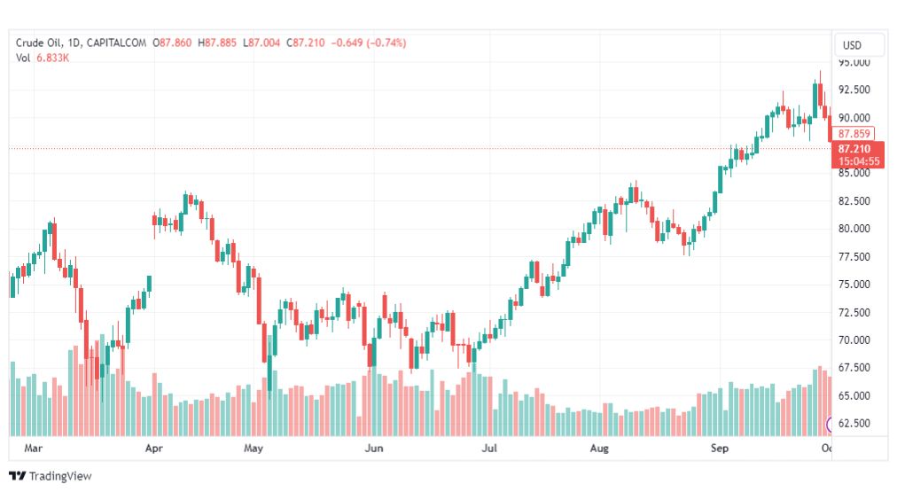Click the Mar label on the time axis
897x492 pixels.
pos(34,449)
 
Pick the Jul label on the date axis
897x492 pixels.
pos(488,449)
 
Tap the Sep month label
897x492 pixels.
pos(719,449)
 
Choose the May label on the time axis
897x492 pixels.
pos(254,449)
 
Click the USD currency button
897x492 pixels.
pos(852,45)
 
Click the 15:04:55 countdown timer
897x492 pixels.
pos(859,161)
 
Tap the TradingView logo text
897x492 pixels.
pos(51,476)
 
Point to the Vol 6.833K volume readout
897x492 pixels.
pos(43,58)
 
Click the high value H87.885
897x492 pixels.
pos(217,43)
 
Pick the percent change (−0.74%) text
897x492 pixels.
pos(380,43)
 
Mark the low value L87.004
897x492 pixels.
pos(261,43)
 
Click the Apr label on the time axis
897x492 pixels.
pos(154,449)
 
